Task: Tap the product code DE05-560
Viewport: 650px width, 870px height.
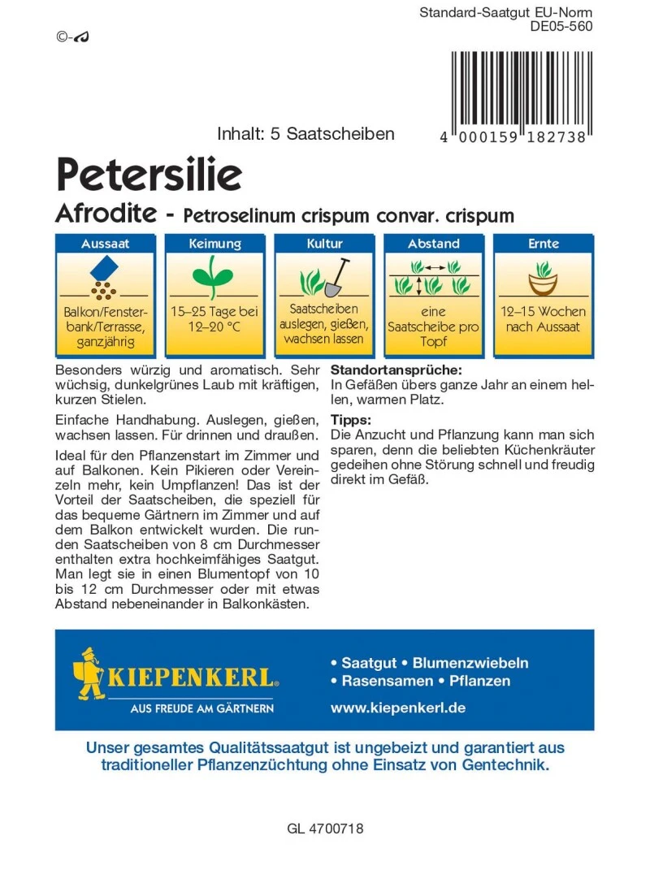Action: click(x=561, y=26)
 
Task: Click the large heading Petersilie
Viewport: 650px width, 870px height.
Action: click(x=149, y=173)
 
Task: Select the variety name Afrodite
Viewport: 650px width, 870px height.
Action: click(x=106, y=215)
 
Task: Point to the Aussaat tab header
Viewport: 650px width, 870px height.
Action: click(x=105, y=244)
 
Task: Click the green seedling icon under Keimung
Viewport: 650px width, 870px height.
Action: click(x=214, y=276)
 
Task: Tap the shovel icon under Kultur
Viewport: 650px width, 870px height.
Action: click(x=336, y=278)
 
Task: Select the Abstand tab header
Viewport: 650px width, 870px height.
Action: click(x=434, y=244)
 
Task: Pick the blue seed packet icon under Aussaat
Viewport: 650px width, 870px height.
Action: click(x=104, y=269)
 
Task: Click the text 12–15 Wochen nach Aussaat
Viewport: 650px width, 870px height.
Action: click(x=544, y=318)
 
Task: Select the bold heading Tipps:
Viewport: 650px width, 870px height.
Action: click(x=351, y=420)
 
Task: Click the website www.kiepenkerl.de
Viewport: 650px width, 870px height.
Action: click(x=397, y=708)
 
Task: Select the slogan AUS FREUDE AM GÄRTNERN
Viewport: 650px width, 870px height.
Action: click(x=202, y=708)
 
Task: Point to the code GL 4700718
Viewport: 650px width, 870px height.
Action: click(x=325, y=829)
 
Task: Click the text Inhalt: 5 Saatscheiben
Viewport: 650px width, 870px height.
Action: click(x=305, y=134)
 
